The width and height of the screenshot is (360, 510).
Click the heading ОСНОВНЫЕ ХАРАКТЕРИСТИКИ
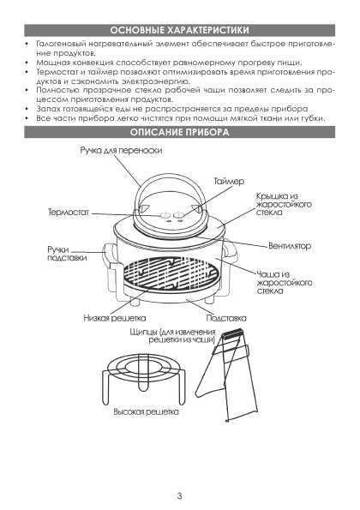(179, 30)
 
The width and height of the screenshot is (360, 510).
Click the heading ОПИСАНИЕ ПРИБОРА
(179, 132)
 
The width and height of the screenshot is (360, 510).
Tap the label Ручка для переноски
(121, 151)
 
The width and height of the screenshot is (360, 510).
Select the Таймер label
(229, 181)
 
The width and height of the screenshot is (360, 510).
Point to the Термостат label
(69, 213)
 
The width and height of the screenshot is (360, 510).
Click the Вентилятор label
(290, 245)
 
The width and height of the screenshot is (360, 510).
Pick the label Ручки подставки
(67, 254)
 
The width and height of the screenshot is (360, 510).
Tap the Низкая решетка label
(115, 318)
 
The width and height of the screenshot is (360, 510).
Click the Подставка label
(226, 318)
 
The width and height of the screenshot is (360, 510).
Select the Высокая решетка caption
(146, 411)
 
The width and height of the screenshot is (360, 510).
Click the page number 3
(179, 496)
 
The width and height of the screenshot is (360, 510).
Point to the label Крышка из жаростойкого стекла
(284, 204)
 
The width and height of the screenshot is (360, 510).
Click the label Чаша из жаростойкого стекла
(285, 282)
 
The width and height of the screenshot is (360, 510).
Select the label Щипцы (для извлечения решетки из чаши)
(172, 336)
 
